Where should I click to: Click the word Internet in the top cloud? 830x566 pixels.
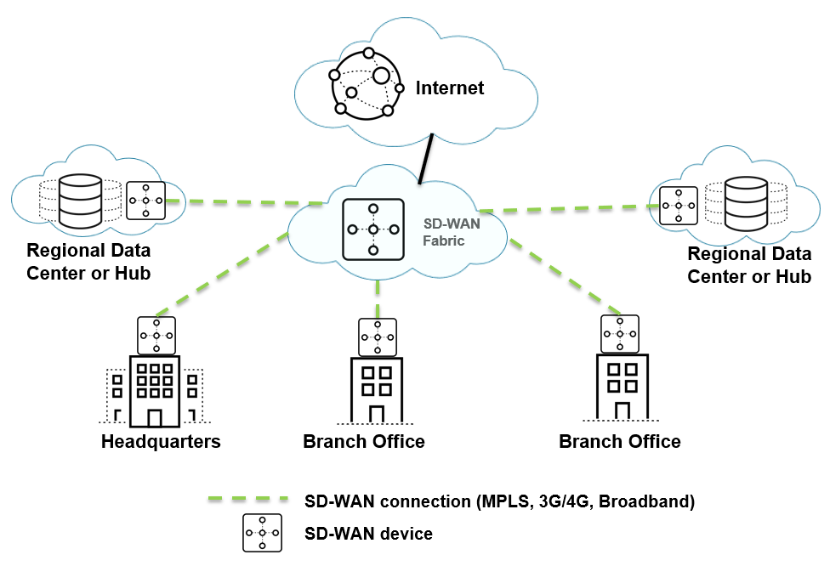point(450,88)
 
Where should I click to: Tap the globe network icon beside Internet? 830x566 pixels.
point(367,83)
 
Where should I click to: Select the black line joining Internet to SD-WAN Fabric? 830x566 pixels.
point(425,157)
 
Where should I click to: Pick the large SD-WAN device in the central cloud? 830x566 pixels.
point(372,229)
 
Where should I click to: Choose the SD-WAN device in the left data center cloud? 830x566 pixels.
point(145,201)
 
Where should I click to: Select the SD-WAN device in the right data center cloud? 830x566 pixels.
point(679,206)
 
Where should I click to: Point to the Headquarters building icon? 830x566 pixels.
point(155,391)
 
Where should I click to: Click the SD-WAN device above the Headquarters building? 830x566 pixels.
point(156,336)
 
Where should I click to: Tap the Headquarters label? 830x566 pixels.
point(161,442)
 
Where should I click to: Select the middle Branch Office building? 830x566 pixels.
point(376,389)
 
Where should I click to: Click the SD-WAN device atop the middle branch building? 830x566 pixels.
point(377,337)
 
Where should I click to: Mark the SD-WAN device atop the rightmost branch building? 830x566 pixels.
point(620,334)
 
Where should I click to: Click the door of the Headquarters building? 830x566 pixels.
point(155,417)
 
